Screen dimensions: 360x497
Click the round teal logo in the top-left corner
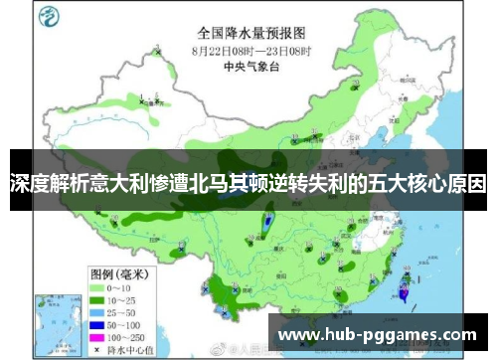click(46, 16)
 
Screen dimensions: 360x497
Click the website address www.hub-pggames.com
click(377, 331)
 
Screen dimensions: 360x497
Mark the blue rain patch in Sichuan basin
click(268, 226)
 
